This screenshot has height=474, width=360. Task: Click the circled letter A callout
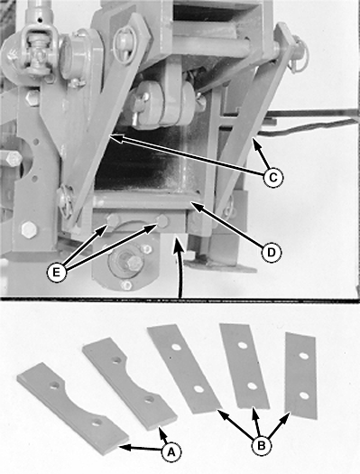click(171, 452)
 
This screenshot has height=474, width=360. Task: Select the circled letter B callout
click(261, 445)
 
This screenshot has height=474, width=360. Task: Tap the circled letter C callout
click(272, 178)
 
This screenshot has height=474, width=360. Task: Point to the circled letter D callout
click(272, 252)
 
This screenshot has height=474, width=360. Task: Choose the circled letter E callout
click(56, 273)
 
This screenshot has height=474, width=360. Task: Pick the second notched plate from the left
click(128, 383)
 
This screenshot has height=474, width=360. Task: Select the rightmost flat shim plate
click(301, 376)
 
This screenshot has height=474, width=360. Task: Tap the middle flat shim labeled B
click(245, 367)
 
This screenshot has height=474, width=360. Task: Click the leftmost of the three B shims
click(184, 368)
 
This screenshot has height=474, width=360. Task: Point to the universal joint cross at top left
click(39, 54)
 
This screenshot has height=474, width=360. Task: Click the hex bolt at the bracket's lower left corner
click(29, 230)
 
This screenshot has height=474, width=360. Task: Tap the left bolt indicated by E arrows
click(112, 220)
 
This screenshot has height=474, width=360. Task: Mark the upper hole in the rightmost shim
click(304, 356)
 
